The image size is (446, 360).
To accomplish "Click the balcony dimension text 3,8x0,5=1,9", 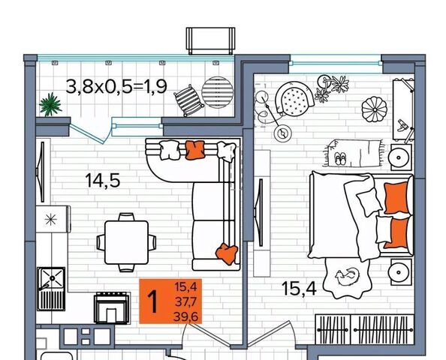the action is tap(116, 86).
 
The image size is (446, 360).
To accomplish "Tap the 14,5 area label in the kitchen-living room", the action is tap(103, 181).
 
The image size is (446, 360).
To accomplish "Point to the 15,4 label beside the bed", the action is tap(299, 289).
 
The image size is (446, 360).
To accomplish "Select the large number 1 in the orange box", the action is tap(153, 301).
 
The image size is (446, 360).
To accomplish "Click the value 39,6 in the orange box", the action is tap(185, 316).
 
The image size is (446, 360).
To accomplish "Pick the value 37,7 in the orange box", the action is tap(185, 301).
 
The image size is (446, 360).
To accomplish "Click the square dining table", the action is tap(127, 242).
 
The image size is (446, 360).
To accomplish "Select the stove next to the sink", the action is tap(112, 308).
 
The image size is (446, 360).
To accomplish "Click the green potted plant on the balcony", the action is tap(50, 104).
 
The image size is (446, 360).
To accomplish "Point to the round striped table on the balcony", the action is tap(218, 92).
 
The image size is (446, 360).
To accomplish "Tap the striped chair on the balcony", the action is tap(188, 100).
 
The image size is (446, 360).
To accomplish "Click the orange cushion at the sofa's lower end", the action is tap(227, 253).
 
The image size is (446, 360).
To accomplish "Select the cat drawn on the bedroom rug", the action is tap(348, 277).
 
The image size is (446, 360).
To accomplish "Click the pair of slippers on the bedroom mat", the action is tap(340, 158).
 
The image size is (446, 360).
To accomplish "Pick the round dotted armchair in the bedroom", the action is tap(294, 98).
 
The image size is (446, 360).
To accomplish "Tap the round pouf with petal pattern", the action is tap(375, 109).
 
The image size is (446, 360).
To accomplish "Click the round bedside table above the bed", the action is tap(399, 157).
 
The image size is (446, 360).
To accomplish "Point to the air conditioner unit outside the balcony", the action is tap(210, 41).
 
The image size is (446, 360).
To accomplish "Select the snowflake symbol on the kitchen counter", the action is tap(51, 220).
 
